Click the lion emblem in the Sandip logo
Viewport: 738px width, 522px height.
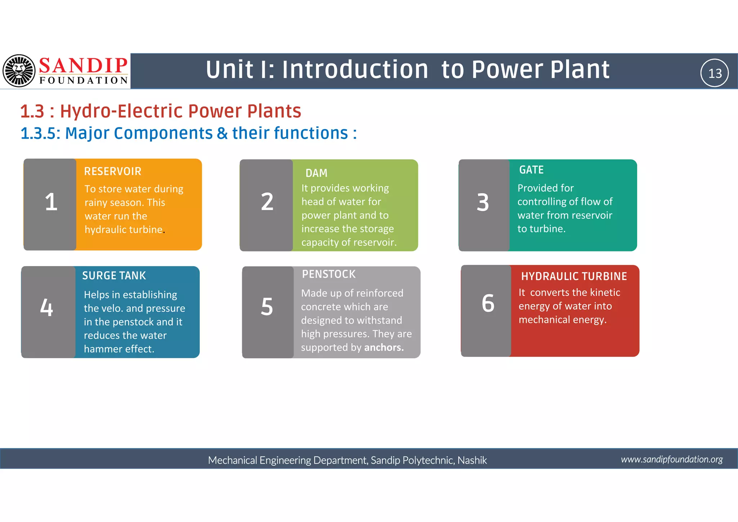(x=19, y=71)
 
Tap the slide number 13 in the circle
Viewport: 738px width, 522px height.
(x=715, y=73)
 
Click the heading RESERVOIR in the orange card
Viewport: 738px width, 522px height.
(x=112, y=171)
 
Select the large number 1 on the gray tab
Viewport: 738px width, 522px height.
(x=51, y=202)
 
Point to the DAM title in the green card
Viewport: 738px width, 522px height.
(x=316, y=173)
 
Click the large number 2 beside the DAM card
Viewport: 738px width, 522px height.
(x=267, y=202)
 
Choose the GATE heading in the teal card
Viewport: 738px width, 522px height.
(x=531, y=170)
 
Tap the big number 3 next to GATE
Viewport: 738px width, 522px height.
(x=483, y=202)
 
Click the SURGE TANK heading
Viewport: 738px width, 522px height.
(x=114, y=276)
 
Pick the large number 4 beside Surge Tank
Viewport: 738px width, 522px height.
(x=46, y=307)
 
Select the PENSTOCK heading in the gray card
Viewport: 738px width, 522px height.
(x=329, y=274)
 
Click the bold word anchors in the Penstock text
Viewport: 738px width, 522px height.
(x=384, y=347)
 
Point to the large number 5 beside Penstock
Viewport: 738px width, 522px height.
(x=267, y=307)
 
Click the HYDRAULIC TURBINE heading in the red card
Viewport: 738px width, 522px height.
(x=574, y=276)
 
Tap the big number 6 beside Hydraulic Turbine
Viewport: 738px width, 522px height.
(x=488, y=303)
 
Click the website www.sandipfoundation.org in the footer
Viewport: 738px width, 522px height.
(x=672, y=459)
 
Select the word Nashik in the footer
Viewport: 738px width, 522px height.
(x=472, y=460)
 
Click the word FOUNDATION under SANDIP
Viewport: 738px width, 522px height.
(x=84, y=80)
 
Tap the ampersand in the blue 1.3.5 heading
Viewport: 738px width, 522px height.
(x=222, y=133)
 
